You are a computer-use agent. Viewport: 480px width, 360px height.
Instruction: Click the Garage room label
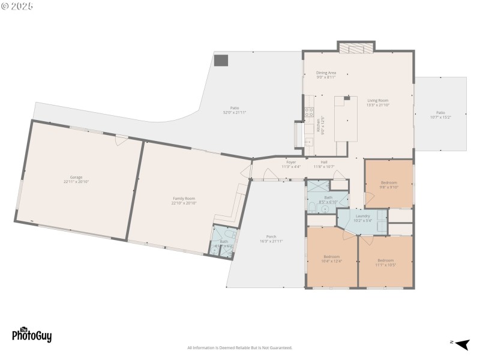point(76,179)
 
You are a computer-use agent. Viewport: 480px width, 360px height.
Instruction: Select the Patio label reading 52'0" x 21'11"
point(235,110)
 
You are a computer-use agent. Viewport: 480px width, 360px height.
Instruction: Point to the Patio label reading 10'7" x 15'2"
point(440,115)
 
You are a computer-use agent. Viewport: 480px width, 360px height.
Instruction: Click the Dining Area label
point(326,74)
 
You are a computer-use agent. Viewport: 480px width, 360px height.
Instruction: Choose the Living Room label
point(378,103)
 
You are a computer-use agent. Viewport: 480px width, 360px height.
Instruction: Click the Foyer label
point(291,164)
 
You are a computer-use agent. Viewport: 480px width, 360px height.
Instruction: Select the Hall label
point(324,164)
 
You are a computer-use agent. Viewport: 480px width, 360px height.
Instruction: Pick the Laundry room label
point(363,218)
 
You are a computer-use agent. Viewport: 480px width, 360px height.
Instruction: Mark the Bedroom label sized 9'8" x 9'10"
point(389,184)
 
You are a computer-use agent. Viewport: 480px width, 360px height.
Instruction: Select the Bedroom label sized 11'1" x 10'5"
point(385,262)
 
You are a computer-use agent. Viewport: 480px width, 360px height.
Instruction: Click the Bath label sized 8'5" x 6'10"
point(328,199)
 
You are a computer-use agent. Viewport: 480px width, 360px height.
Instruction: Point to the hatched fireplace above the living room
point(356,47)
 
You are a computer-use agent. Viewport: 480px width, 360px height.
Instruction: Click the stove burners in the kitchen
point(309,111)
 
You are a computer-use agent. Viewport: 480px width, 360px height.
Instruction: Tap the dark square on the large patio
point(221,60)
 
